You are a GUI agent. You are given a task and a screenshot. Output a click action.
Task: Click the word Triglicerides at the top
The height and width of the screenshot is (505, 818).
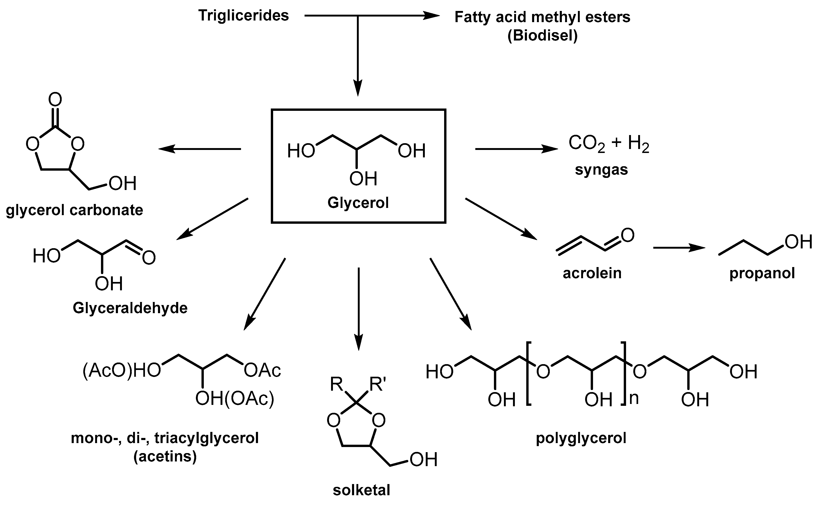244,15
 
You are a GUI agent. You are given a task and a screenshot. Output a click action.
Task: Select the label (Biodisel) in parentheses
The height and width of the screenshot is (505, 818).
542,35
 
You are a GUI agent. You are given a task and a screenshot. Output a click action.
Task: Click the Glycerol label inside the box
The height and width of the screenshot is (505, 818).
358,202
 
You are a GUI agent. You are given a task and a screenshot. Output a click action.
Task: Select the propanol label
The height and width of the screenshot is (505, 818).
762,273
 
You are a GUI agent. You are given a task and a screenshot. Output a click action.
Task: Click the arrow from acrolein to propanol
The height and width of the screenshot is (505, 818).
679,248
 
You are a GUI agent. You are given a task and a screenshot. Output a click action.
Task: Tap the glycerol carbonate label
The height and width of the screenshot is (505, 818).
74,210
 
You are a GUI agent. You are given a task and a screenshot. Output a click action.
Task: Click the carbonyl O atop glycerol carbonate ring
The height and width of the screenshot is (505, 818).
55,99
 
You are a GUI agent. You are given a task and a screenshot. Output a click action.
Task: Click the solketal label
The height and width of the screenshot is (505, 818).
362,490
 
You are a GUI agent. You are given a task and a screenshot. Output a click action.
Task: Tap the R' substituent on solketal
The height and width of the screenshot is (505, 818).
377,384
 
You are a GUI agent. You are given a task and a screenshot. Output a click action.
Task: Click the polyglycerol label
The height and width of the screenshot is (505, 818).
581,437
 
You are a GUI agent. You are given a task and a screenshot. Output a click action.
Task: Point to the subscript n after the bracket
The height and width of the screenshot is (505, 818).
634,398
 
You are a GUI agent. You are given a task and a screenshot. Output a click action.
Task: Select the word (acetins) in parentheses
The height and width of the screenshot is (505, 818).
165,456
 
